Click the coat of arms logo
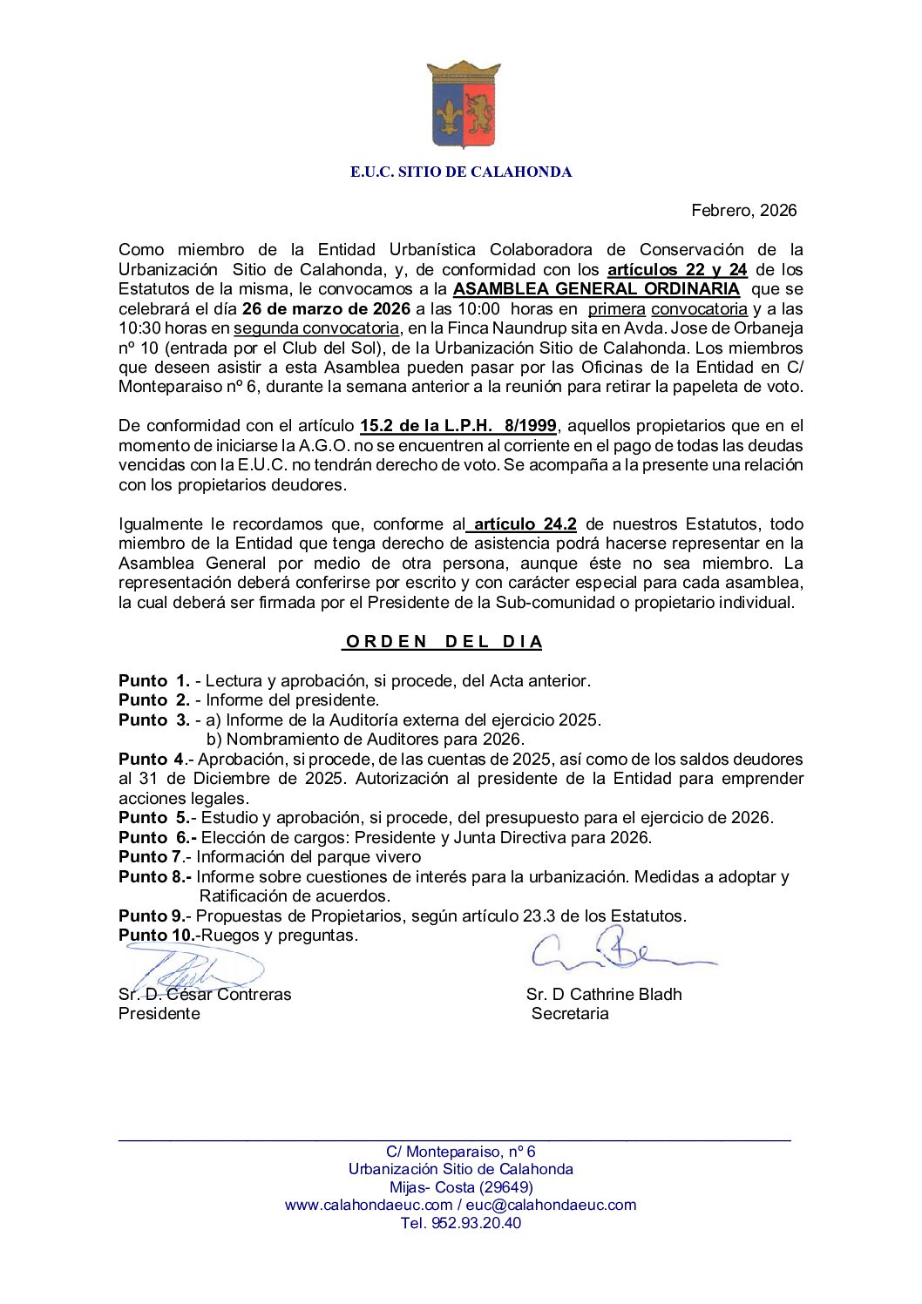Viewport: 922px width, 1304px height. pos(463,105)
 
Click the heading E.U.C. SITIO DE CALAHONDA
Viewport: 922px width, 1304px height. pos(461,172)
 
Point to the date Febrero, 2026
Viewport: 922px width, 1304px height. pos(743,210)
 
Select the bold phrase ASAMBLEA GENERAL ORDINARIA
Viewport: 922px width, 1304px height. pos(596,289)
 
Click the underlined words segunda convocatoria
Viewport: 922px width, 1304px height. pos(315,328)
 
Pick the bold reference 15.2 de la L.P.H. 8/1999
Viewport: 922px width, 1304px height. pos(458,426)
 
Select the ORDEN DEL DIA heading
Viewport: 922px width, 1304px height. pos(444,642)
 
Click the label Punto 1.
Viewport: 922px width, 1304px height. pos(154,681)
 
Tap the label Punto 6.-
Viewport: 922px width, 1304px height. pos(158,838)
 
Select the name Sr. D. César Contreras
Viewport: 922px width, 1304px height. pos(205,995)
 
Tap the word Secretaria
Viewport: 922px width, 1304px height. pos(570,1014)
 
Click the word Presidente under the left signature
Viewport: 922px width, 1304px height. pos(159,1014)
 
